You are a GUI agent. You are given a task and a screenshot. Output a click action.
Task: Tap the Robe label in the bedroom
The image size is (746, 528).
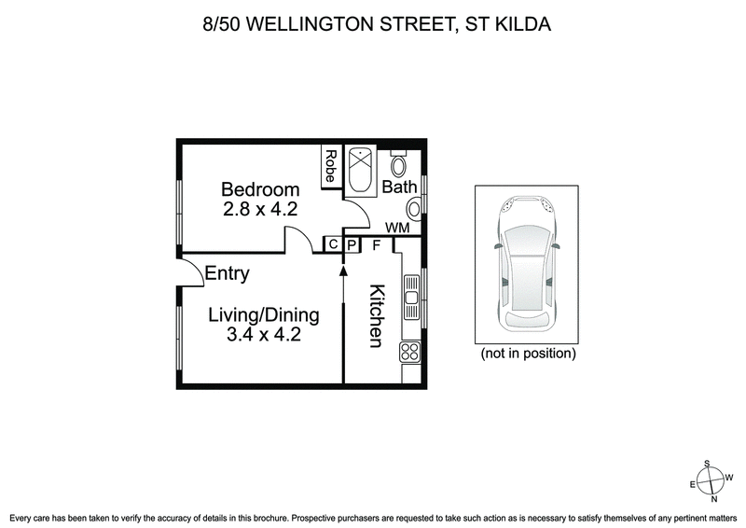(331, 167)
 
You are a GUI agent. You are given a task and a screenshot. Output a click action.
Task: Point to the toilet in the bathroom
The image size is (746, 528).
(399, 167)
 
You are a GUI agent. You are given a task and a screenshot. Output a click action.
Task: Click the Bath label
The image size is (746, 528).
(399, 187)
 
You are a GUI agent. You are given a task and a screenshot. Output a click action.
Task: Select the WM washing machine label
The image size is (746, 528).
(397, 227)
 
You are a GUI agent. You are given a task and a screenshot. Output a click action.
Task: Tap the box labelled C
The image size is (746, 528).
(332, 244)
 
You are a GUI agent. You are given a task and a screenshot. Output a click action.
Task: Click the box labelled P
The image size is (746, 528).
(352, 244)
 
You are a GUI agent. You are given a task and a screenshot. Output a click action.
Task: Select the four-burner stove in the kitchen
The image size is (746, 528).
(410, 352)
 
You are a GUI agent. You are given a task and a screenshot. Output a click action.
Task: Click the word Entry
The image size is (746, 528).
(227, 273)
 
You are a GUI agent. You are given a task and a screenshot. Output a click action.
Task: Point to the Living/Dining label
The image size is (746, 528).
(263, 315)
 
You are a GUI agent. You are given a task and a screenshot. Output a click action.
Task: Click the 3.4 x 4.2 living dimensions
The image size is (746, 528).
(263, 335)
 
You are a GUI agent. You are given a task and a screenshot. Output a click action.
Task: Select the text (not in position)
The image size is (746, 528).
(528, 354)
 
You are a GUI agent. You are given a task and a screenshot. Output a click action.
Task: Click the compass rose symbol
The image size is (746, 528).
(711, 482)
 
